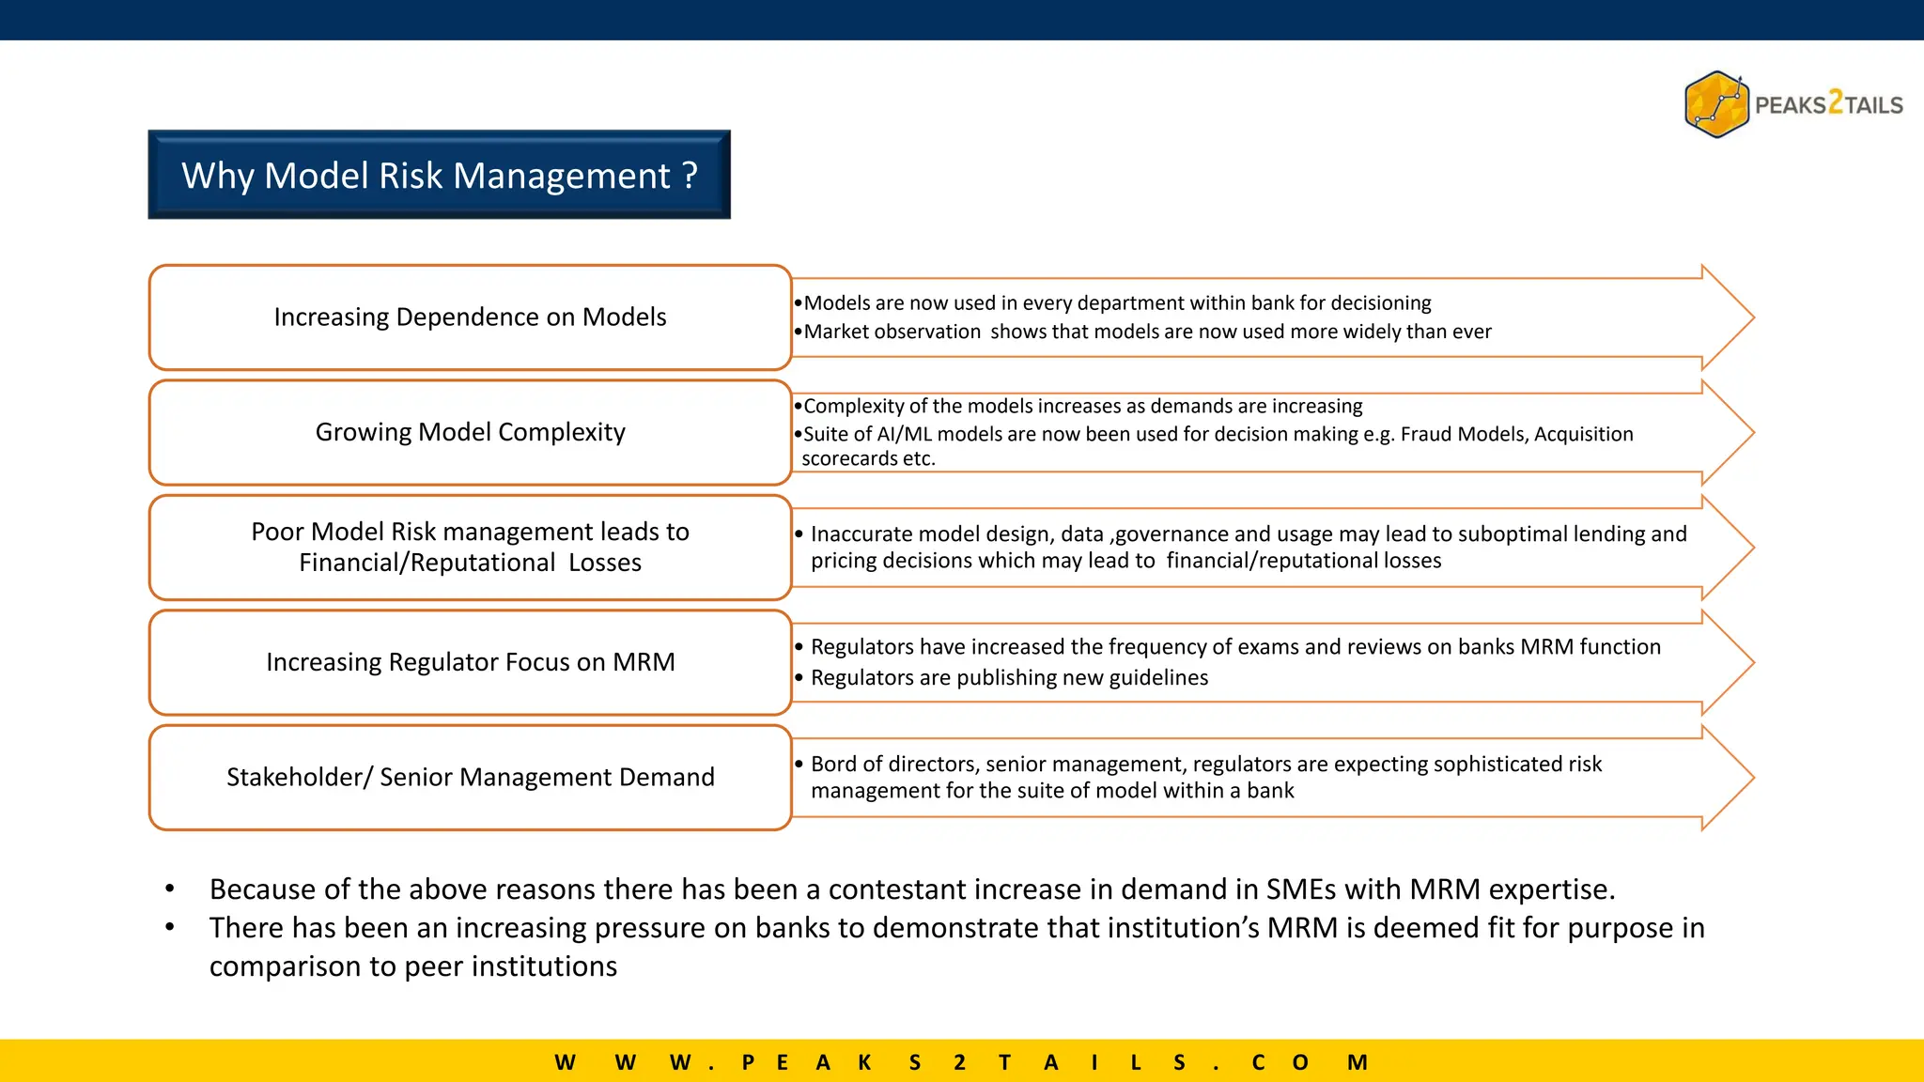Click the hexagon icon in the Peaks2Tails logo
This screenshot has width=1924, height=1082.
(1715, 104)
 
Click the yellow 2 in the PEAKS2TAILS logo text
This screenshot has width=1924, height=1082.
(1836, 101)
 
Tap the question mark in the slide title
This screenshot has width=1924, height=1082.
(690, 176)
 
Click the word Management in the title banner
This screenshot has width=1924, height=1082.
(562, 176)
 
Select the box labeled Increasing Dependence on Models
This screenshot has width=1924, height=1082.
(470, 317)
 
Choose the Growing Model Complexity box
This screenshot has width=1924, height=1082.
(470, 432)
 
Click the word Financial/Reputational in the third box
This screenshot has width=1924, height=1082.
(427, 563)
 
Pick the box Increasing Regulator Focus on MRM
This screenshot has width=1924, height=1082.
(470, 662)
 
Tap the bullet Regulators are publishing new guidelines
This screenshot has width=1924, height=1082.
(1009, 678)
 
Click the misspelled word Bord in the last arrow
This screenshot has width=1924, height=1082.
(832, 765)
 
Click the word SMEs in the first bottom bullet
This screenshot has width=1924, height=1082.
(1301, 889)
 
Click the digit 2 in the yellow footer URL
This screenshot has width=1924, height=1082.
(959, 1062)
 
